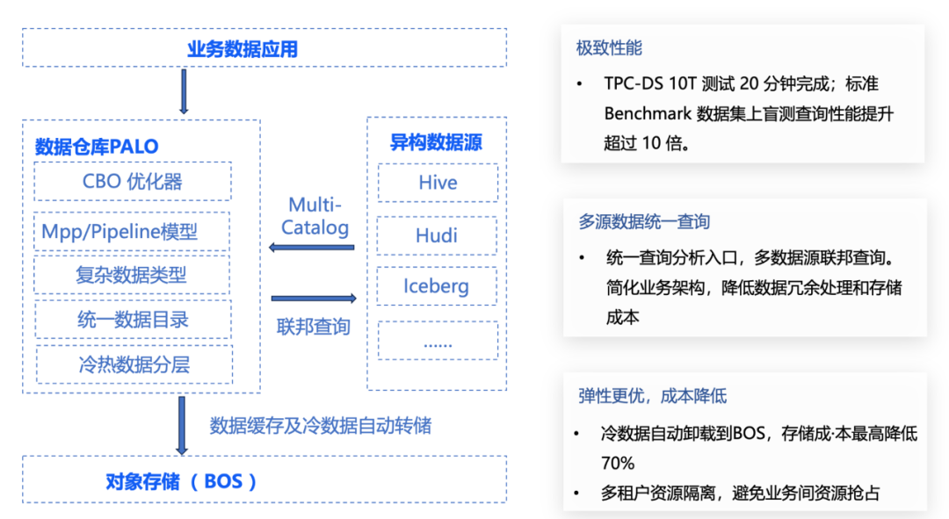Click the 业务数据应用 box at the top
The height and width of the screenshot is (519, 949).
[x=264, y=48]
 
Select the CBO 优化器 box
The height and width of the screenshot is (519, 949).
[x=133, y=181]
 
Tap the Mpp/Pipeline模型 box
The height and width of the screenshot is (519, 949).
[x=132, y=231]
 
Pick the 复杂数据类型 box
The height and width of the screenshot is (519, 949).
[x=132, y=275]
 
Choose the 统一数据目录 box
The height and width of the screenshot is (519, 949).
[x=133, y=320]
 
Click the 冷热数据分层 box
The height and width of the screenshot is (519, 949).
[x=134, y=364]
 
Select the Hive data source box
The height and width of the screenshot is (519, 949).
[x=438, y=183]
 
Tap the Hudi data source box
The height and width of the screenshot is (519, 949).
[x=437, y=235]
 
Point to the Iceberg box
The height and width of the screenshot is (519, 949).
[x=437, y=286]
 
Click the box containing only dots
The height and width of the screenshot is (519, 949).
[x=437, y=341]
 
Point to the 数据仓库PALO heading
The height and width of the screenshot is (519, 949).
[x=97, y=146]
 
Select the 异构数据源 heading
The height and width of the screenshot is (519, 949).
[x=436, y=142]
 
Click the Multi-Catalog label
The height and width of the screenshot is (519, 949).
[x=315, y=216]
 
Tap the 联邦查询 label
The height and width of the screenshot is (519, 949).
[x=314, y=327]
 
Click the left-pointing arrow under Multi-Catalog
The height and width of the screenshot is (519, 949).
[x=311, y=248]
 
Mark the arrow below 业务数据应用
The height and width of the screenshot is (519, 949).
[x=184, y=90]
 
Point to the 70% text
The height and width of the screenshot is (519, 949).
[x=618, y=462]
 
